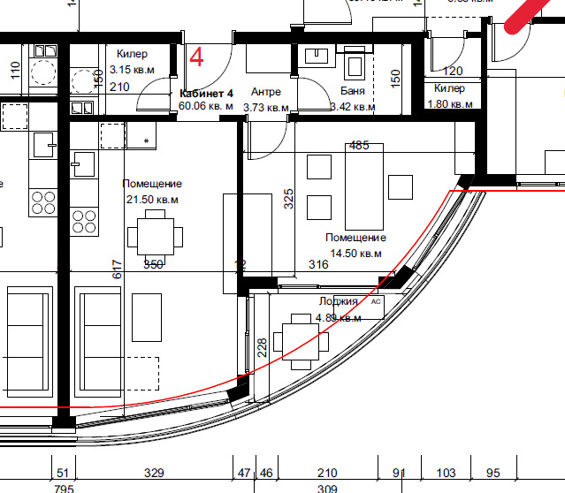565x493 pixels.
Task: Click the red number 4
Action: (196, 58)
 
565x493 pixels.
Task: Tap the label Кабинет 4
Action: (206, 93)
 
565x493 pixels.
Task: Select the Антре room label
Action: (265, 93)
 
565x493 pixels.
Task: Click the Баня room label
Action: (353, 93)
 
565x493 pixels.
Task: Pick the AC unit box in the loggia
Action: (376, 302)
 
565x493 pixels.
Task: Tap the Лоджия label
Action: (339, 301)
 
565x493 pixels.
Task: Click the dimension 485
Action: (359, 146)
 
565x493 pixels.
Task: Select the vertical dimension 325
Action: (288, 199)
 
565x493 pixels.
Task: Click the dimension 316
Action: (318, 264)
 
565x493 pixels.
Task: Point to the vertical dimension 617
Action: (116, 269)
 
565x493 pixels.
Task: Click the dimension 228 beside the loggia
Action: (262, 347)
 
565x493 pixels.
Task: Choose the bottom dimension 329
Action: (154, 474)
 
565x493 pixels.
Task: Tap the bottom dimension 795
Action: (64, 488)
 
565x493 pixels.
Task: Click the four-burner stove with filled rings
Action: (84, 217)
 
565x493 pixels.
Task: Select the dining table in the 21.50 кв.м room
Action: (156, 237)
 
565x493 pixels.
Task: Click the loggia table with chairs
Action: (302, 340)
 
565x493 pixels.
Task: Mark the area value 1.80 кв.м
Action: (450, 103)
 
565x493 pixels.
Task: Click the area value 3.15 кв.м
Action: (132, 69)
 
